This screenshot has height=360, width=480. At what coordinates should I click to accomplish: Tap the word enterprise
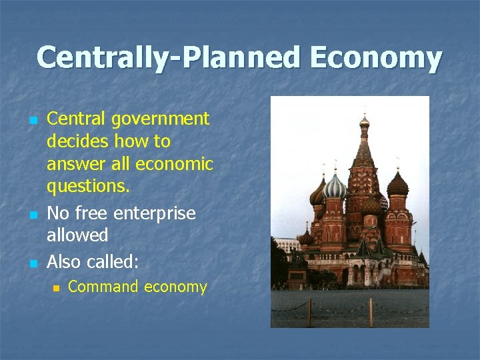tap(155, 214)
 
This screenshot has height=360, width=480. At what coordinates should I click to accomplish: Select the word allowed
tap(77, 235)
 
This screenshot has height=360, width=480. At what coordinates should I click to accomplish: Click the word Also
tap(63, 261)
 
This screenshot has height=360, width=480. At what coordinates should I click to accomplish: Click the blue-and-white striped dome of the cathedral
tap(335, 187)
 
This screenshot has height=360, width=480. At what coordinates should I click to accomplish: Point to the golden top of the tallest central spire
tap(364, 121)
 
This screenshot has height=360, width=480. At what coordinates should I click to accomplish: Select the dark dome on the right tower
tap(397, 183)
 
